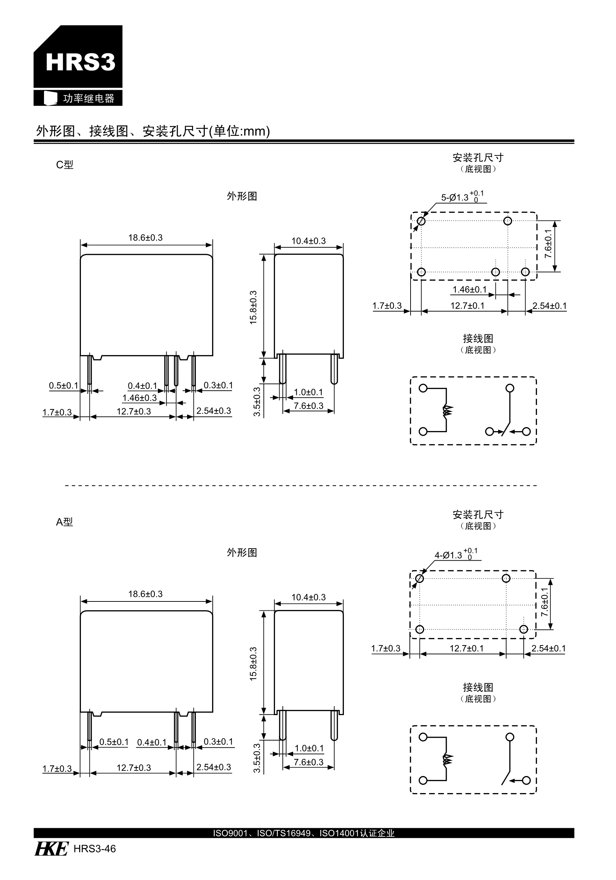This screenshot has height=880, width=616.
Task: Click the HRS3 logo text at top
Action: click(x=80, y=62)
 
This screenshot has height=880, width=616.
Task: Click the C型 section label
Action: click(x=64, y=165)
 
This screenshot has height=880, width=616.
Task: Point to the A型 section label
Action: click(x=64, y=522)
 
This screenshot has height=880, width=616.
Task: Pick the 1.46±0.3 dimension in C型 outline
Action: click(x=139, y=398)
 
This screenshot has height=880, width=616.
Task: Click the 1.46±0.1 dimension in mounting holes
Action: click(x=469, y=290)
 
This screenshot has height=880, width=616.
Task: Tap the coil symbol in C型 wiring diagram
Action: click(x=447, y=411)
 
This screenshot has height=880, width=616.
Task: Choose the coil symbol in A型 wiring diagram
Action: click(x=447, y=759)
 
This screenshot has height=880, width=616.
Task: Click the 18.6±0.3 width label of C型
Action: click(x=145, y=238)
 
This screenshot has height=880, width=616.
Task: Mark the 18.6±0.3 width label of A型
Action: click(x=145, y=594)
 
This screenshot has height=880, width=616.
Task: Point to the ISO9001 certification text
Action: click(x=304, y=833)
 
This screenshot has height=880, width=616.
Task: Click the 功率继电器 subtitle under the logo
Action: click(x=89, y=99)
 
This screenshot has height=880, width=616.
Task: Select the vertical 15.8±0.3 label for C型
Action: click(x=253, y=307)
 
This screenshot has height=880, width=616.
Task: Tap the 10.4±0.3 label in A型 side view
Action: click(x=309, y=597)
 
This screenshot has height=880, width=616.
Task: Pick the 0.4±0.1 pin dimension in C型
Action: click(x=142, y=386)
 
